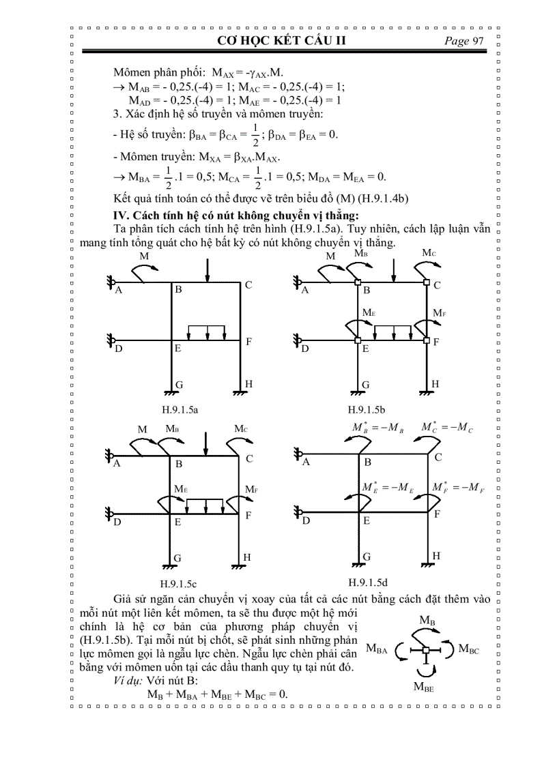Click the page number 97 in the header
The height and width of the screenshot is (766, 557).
(x=477, y=41)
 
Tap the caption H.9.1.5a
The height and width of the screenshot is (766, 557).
(x=180, y=410)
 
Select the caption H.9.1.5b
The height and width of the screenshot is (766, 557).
(x=367, y=410)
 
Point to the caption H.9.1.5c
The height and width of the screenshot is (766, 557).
(x=179, y=584)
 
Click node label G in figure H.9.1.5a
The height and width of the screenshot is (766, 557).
(x=179, y=385)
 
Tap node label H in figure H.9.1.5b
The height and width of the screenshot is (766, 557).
(x=435, y=384)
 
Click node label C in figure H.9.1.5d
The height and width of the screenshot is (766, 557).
(x=438, y=457)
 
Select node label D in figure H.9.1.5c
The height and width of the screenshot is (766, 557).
(x=117, y=522)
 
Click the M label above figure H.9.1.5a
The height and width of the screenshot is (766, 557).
(x=144, y=256)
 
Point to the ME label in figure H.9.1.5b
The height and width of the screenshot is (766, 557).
(x=369, y=311)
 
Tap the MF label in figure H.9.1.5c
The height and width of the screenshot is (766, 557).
(x=250, y=489)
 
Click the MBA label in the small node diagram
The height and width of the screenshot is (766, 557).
(x=377, y=649)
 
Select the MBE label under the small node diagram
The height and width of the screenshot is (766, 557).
(x=424, y=687)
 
